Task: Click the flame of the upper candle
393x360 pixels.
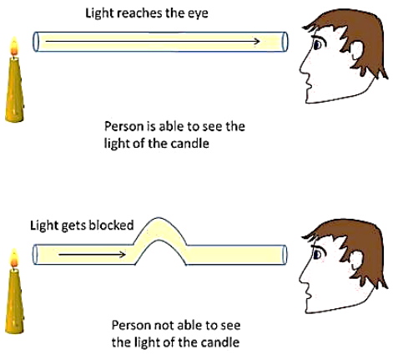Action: (x=14, y=47)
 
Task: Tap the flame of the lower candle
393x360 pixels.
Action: (x=14, y=258)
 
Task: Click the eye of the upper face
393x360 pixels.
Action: (x=317, y=44)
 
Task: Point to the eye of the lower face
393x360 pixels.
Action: (x=317, y=255)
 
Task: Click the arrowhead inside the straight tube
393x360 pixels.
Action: (x=256, y=42)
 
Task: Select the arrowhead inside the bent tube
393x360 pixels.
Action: (x=122, y=254)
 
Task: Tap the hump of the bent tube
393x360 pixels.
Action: (x=159, y=229)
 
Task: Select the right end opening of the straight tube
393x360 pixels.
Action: (x=285, y=42)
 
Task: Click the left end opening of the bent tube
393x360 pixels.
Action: (x=36, y=255)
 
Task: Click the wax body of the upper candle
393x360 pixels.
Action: (x=14, y=89)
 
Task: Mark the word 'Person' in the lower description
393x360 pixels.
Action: (x=130, y=325)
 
